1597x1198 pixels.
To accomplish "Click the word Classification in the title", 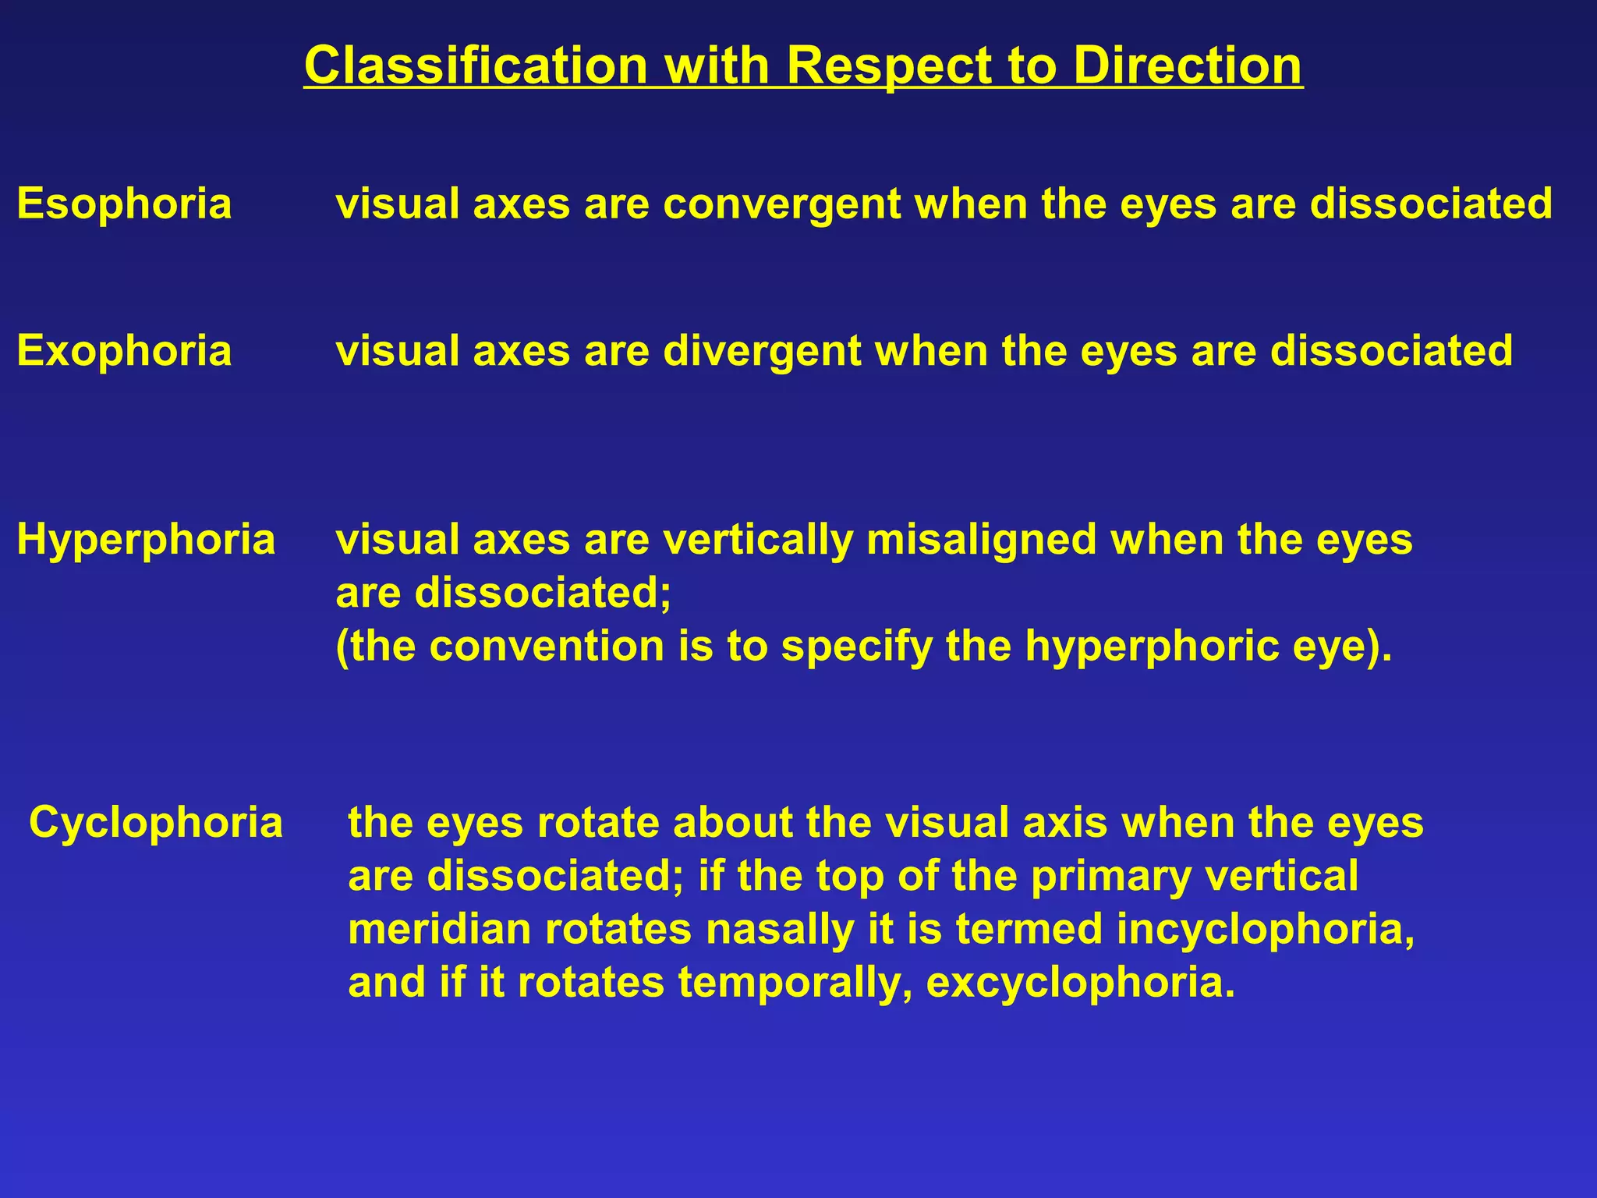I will pyautogui.click(x=476, y=66).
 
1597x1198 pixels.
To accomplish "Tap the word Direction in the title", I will pyautogui.click(x=1187, y=66).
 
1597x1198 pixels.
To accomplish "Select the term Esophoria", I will pyautogui.click(x=124, y=204).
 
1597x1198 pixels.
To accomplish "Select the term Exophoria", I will pyautogui.click(x=124, y=351).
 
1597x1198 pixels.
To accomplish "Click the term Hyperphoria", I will pyautogui.click(x=146, y=541).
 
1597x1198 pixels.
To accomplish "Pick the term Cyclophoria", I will pyautogui.click(x=156, y=824).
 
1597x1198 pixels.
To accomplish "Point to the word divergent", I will pyautogui.click(x=762, y=351).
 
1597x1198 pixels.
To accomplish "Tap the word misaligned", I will pyautogui.click(x=981, y=541).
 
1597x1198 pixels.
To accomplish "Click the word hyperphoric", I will pyautogui.click(x=1152, y=647).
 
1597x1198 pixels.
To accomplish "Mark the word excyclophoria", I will pyautogui.click(x=1080, y=983).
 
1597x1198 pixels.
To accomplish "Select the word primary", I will pyautogui.click(x=1111, y=877).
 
